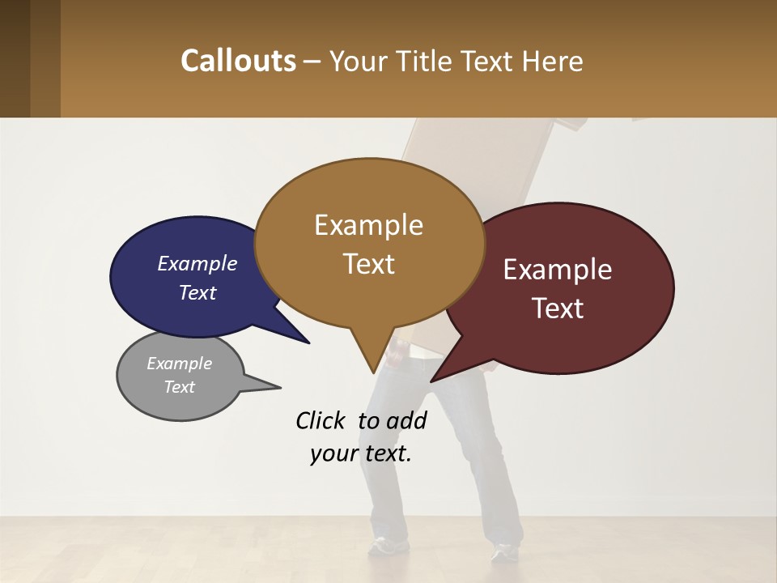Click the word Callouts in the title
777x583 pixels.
[238, 61]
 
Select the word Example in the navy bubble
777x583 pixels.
[197, 263]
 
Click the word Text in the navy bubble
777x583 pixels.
[197, 292]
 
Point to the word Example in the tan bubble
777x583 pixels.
[369, 225]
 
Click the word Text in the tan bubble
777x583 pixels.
[369, 264]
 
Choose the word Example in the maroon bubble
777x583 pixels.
[558, 270]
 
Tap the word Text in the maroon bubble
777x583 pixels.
[558, 309]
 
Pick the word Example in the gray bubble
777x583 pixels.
[180, 364]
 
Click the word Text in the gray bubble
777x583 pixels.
[180, 387]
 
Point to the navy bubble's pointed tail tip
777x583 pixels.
[308, 343]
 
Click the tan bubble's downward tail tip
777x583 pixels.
[373, 372]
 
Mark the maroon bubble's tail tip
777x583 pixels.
[431, 381]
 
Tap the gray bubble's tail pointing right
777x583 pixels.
[279, 387]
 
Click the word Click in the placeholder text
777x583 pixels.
[322, 420]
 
